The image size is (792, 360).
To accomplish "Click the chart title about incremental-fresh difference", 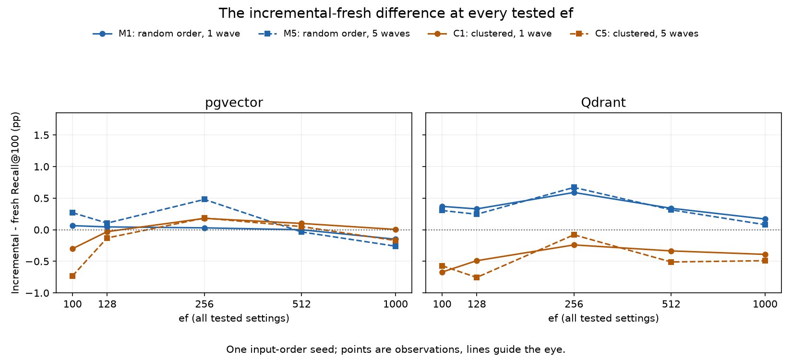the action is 396,13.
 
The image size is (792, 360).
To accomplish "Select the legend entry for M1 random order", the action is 166,34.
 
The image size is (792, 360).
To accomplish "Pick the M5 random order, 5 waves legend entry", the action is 334,34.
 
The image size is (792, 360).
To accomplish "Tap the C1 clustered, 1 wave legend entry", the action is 489,34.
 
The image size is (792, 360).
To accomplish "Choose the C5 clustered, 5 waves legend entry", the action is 634,34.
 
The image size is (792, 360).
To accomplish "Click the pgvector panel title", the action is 234,103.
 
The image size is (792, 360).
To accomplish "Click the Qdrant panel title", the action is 603,103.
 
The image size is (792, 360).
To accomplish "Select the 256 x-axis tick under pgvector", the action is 204,304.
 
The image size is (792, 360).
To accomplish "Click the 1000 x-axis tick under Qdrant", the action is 765,304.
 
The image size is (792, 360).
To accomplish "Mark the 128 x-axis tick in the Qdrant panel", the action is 477,304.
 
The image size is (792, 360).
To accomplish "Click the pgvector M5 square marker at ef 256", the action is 204,199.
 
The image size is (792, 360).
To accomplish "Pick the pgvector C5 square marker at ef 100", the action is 72,276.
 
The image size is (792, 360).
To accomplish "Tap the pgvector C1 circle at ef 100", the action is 72,249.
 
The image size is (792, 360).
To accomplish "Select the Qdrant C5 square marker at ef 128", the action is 477,277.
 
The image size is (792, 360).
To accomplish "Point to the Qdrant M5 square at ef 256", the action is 574,187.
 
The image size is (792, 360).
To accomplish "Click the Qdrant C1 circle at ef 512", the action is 671,251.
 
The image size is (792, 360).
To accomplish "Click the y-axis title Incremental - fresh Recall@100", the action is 15,203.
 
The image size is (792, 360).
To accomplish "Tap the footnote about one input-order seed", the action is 396,350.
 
